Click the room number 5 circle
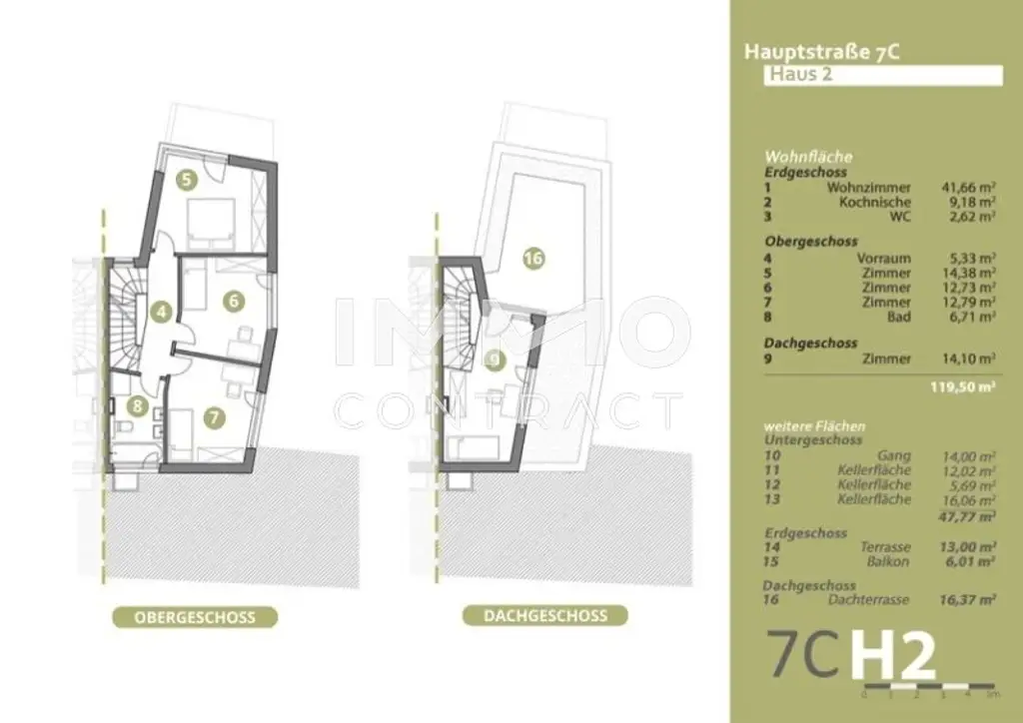point(186,180)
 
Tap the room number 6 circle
point(233,298)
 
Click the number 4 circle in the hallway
point(161,312)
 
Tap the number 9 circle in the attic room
point(494,359)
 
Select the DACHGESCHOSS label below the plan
point(544,615)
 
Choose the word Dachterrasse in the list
point(869,599)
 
